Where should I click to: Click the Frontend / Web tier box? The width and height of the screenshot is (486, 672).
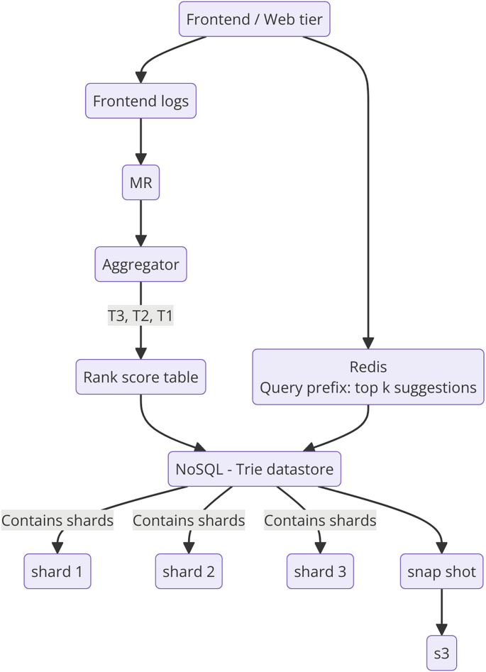coord(254,19)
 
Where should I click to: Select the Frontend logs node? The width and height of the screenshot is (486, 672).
coord(140,101)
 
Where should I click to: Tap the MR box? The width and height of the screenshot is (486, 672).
coord(140,183)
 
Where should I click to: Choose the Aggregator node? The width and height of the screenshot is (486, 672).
coord(140,265)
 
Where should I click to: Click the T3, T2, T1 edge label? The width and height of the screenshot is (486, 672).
coord(140,316)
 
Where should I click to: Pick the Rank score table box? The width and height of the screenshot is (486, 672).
coord(140,377)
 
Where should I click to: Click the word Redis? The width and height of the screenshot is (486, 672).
coord(368,366)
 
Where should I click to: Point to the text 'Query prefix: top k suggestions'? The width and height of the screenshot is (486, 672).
coord(368,388)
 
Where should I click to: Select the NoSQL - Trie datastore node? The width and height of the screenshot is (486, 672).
coord(255,468)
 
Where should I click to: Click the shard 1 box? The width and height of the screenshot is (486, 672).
coord(57,571)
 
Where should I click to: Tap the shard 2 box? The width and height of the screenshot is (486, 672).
coord(189,571)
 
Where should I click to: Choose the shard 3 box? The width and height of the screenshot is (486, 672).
coord(320,571)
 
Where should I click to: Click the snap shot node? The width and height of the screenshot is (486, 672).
coord(441,571)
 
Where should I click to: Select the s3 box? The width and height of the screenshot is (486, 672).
coord(441,654)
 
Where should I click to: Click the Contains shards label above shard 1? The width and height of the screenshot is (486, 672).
coord(57,520)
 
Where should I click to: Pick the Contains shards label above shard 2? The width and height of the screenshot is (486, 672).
coord(189,520)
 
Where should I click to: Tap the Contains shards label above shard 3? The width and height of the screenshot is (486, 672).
coord(320,520)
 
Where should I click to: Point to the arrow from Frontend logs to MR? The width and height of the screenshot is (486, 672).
coord(140,142)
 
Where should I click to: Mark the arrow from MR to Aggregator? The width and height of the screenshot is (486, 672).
coord(140,224)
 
